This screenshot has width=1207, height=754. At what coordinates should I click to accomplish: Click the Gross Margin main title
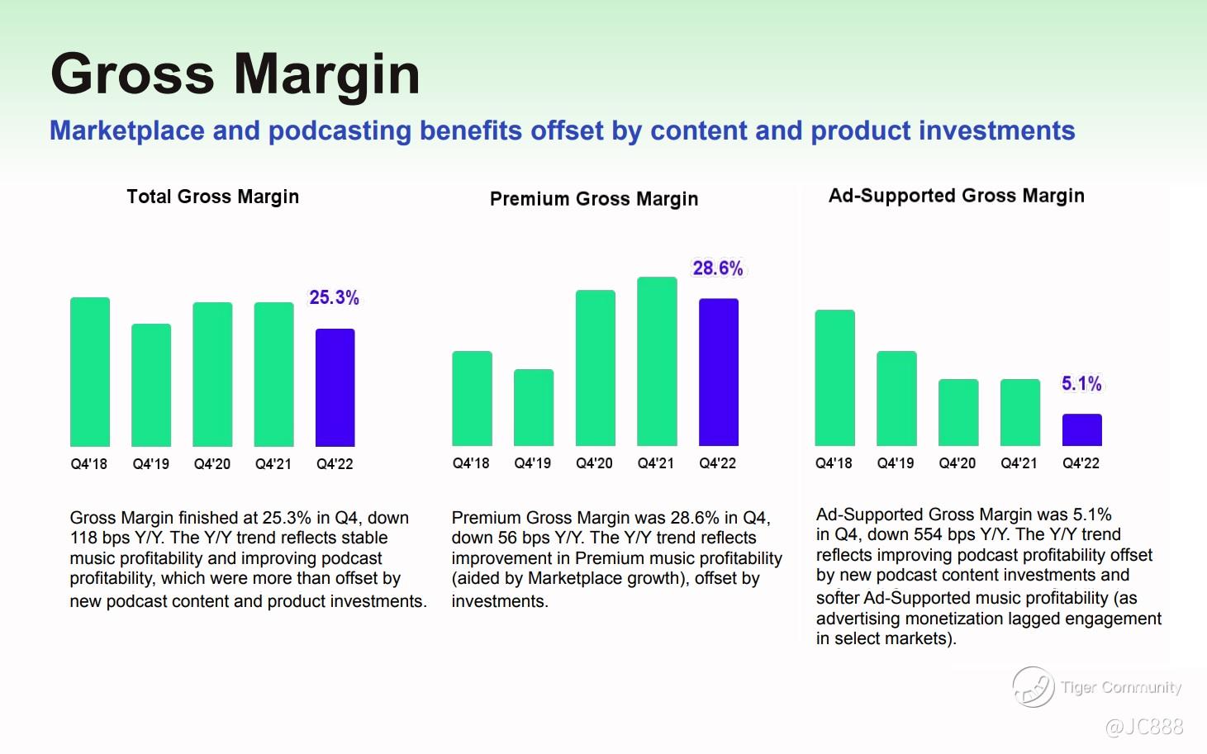[235, 74]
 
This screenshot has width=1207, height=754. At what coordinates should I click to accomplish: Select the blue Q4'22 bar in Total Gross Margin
[335, 387]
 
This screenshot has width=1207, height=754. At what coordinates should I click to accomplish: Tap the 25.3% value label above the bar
[334, 297]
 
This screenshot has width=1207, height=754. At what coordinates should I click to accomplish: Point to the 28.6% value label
[717, 268]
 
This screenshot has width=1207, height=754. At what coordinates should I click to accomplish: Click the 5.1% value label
[1081, 383]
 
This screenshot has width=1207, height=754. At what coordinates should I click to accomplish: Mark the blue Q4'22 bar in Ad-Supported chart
[1081, 429]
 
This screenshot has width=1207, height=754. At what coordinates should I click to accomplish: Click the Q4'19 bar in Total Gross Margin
[151, 385]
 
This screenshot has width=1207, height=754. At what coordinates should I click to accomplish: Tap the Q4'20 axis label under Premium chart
[594, 463]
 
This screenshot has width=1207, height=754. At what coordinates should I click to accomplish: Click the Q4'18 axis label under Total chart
[89, 464]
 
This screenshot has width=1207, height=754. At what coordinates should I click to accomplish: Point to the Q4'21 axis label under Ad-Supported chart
[1019, 463]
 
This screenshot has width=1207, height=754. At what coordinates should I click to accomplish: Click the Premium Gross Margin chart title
[594, 199]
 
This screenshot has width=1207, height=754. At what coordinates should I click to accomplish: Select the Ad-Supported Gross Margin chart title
[956, 196]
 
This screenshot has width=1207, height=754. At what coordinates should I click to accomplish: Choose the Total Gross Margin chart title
[212, 197]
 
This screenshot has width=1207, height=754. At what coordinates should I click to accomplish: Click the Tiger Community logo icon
[1033, 687]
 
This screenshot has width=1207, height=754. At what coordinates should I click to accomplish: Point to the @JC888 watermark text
[1143, 727]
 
